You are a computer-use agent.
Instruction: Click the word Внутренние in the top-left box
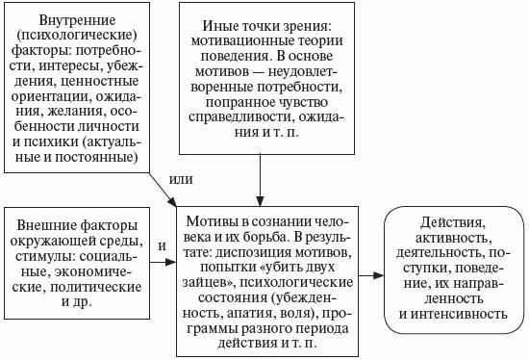coord(77,21)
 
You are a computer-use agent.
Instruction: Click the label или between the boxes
coord(181,179)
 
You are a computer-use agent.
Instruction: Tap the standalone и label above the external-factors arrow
coord(163,245)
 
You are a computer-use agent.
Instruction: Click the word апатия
coord(251,314)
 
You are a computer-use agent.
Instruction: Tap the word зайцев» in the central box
coord(209,283)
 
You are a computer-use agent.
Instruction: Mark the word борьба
coord(265,237)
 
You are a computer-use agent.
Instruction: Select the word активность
coord(453,238)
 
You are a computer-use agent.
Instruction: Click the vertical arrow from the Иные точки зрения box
coord(260,180)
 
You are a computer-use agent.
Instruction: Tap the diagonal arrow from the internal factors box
coord(163,190)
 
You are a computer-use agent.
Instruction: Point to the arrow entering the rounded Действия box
coord(371,275)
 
